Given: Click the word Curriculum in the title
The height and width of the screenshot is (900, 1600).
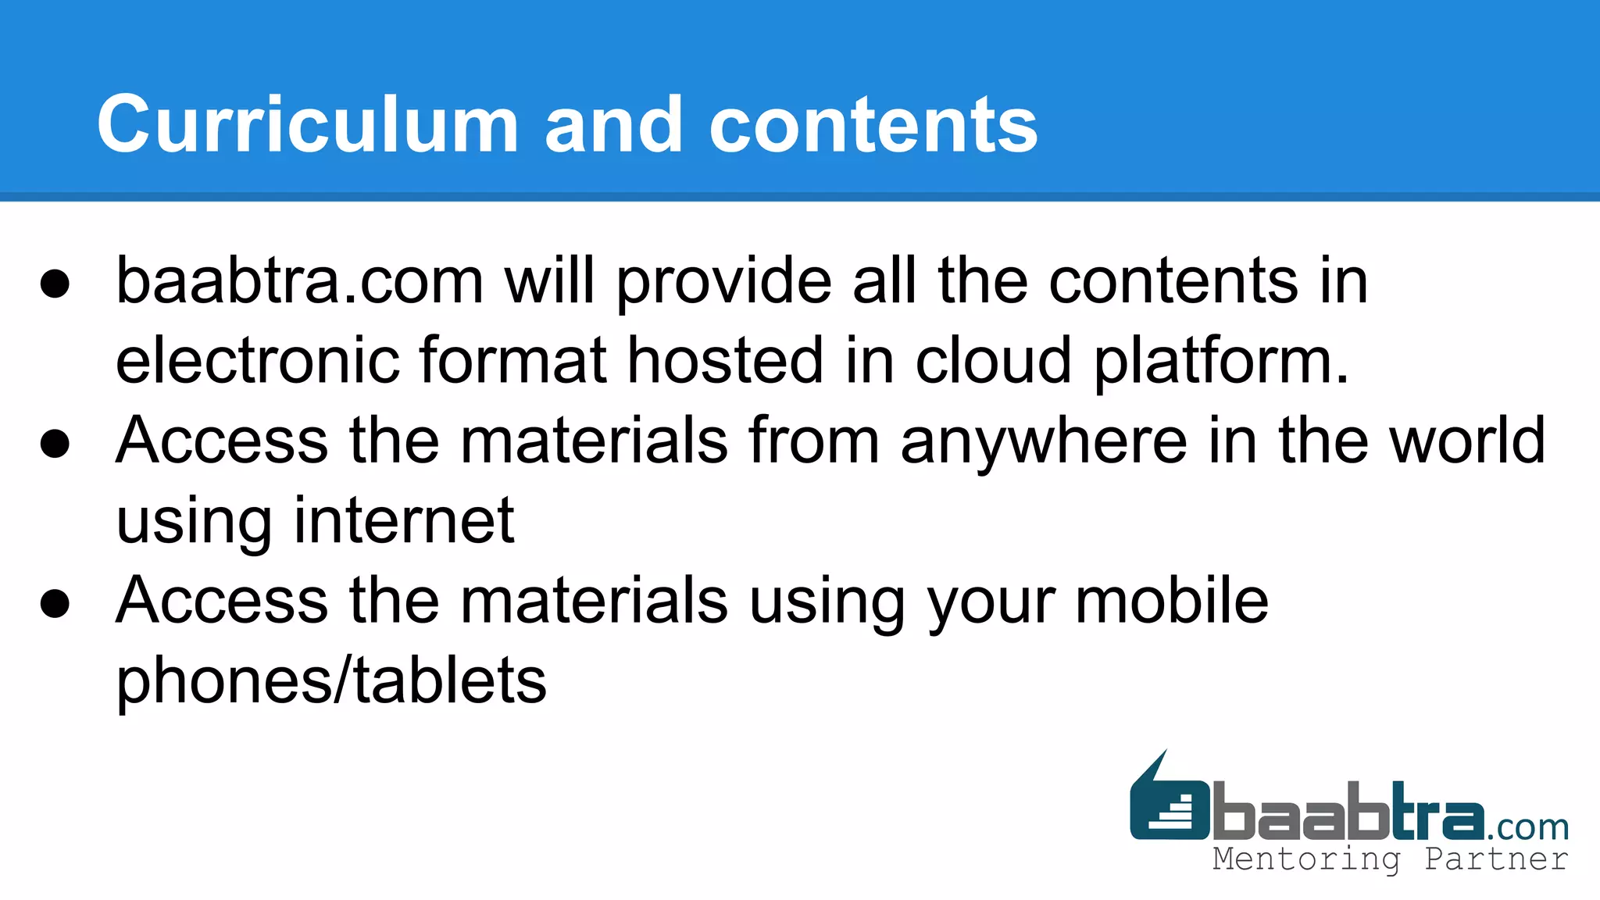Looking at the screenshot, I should [x=308, y=125].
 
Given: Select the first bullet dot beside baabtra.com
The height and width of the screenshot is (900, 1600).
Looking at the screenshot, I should [x=55, y=284].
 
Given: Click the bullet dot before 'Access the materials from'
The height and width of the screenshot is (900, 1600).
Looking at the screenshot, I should [x=55, y=444].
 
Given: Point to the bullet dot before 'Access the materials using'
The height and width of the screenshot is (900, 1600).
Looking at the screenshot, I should [x=55, y=603].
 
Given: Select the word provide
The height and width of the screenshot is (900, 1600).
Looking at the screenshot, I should [x=724, y=283].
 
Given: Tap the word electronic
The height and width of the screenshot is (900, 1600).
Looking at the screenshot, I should [x=258, y=361].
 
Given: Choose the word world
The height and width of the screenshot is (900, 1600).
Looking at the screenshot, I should [x=1468, y=441].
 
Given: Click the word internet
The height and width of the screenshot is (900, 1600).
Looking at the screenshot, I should [x=403, y=520].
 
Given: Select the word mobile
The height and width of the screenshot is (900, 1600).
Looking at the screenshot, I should [x=1172, y=600].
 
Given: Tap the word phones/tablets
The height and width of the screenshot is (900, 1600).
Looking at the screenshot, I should [x=331, y=681].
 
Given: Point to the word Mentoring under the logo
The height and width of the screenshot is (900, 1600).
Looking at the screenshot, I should [x=1306, y=859].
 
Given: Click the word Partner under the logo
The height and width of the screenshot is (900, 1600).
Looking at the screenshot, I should [x=1495, y=859].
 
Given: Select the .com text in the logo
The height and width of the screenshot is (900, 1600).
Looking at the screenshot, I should [x=1528, y=827].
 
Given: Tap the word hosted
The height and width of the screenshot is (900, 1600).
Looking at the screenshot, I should [x=725, y=361].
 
